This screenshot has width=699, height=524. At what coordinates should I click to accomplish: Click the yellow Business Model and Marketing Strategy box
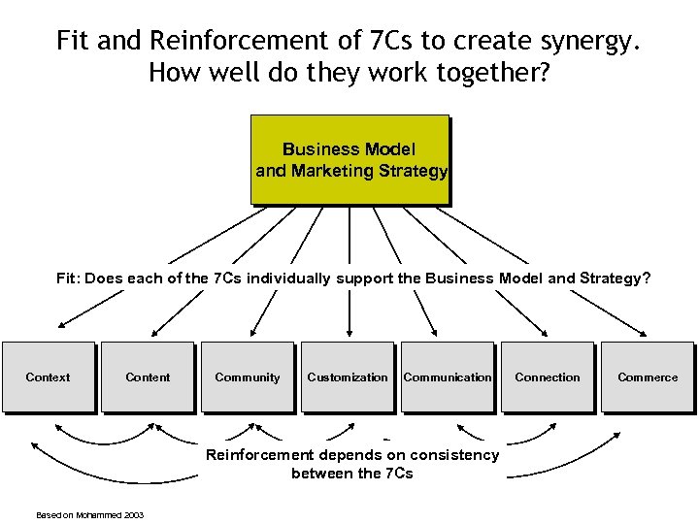click(x=350, y=159)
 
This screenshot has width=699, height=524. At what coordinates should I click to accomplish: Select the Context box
click(x=49, y=377)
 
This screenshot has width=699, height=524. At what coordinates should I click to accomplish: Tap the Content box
click(x=149, y=377)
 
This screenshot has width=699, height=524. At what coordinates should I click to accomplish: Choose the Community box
click(x=248, y=377)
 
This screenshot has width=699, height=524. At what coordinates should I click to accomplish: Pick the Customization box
click(x=348, y=377)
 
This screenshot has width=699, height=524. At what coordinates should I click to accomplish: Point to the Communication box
click(x=448, y=377)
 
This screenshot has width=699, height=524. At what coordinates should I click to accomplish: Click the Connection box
click(x=548, y=377)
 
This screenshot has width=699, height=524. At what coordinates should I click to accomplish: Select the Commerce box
click(x=648, y=377)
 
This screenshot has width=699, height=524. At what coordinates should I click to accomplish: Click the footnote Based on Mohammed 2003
click(x=89, y=514)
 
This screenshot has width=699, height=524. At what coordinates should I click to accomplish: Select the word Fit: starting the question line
click(x=69, y=278)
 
